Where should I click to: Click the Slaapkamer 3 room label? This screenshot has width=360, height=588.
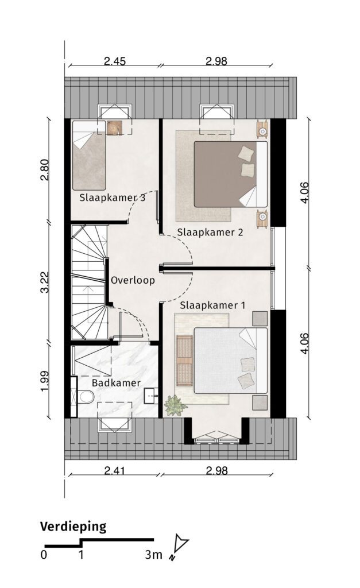[x=112, y=198]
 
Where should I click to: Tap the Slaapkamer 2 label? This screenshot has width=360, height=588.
[x=210, y=232]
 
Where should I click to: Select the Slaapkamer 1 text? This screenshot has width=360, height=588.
[x=212, y=305]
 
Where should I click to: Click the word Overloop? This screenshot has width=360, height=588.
[x=133, y=280]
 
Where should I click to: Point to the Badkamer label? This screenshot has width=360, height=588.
[x=116, y=383]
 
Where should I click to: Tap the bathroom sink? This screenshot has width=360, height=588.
[x=151, y=396]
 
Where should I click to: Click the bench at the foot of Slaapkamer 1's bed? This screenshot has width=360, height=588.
[x=184, y=361]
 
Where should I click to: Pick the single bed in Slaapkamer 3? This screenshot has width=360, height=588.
[x=89, y=155]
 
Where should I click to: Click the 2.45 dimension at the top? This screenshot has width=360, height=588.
[x=115, y=61]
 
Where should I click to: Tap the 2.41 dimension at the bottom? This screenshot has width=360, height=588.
[x=115, y=470]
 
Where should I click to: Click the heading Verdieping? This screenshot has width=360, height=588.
[x=73, y=527]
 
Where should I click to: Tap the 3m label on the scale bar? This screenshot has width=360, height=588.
[x=154, y=555]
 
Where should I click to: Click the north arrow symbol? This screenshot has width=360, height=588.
[x=179, y=547]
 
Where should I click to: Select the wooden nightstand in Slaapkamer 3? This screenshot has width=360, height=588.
[x=113, y=127]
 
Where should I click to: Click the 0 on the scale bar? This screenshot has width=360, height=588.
[x=44, y=555]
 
